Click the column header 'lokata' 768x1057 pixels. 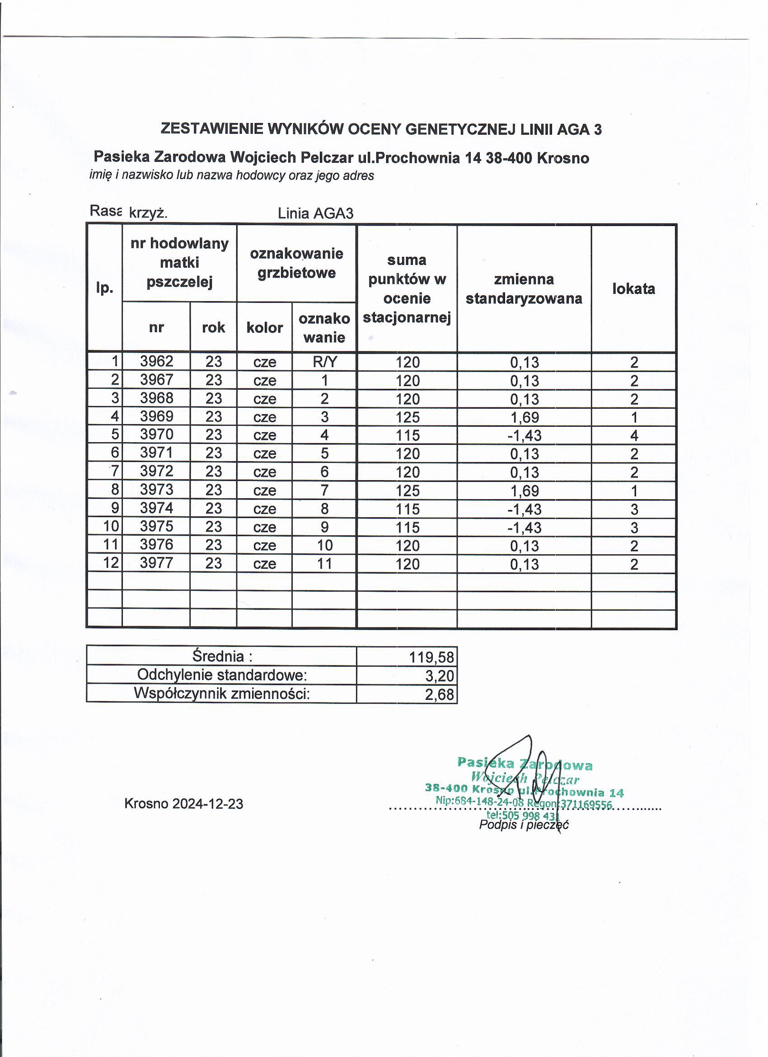[x=633, y=289]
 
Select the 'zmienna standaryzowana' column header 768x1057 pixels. [x=524, y=289]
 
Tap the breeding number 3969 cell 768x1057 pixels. [x=156, y=416]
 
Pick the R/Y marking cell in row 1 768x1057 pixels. [x=324, y=362]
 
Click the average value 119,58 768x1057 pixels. [x=431, y=657]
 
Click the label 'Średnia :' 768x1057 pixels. [x=222, y=656]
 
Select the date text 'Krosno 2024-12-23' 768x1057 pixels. [x=183, y=804]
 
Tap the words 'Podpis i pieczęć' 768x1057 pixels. [x=524, y=825]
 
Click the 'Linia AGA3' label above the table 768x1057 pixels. [x=315, y=213]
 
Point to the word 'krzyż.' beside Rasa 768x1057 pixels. [x=148, y=213]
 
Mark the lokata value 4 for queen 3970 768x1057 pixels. [x=633, y=435]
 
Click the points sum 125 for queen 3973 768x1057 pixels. [x=407, y=490]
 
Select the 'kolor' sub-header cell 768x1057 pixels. [x=265, y=328]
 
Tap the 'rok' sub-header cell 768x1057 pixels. [x=213, y=328]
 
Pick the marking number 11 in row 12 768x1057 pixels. [x=324, y=563]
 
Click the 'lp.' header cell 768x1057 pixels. [x=105, y=288]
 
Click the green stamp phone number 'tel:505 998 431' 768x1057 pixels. [x=522, y=815]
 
